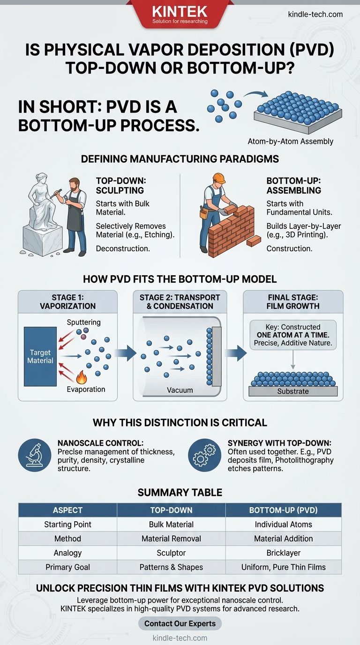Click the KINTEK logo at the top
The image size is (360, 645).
pos(180,13)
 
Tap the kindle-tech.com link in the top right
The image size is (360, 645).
pos(315,14)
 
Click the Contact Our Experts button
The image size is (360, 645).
pos(180,623)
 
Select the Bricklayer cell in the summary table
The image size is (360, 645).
pos(284,553)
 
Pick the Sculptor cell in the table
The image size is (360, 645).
pos(171,553)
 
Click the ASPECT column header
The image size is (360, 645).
pos(67,510)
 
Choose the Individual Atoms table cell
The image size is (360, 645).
pos(284,525)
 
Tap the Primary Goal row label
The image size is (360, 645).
pos(67,567)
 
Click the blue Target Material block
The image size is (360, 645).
pos(40,357)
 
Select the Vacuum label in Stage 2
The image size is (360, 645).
pos(180,390)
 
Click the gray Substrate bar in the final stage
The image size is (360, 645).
pos(293,391)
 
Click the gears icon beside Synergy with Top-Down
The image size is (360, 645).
pos(205,455)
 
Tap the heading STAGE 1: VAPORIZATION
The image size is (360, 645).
pos(68,302)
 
